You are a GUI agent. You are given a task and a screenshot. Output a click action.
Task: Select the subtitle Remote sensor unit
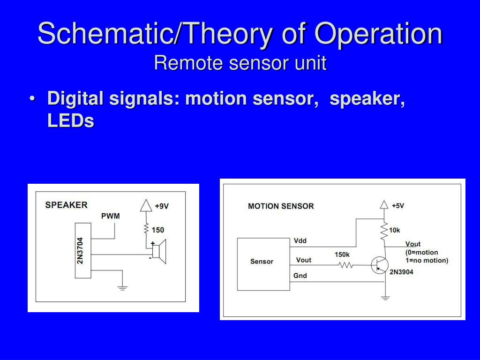tap(240, 63)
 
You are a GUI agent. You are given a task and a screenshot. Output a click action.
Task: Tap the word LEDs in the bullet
tap(71, 121)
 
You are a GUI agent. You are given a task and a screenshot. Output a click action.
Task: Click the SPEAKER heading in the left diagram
tap(66, 205)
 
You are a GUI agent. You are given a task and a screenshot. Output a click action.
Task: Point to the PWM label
tap(111, 216)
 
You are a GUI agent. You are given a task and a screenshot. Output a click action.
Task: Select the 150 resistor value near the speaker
tap(158, 230)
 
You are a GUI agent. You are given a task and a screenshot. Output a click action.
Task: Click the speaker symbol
tap(160, 251)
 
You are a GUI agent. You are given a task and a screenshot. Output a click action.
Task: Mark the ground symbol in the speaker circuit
tap(122, 287)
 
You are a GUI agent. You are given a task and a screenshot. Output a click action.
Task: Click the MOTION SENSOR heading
tap(281, 206)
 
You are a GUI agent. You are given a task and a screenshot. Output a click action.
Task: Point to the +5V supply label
tap(397, 205)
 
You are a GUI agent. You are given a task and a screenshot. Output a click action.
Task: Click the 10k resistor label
tap(394, 230)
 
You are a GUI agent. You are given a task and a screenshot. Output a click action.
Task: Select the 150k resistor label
tap(342, 255)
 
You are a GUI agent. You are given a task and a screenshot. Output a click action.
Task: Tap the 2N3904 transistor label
tap(401, 271)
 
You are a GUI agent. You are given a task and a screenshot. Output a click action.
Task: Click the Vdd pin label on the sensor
tap(300, 241)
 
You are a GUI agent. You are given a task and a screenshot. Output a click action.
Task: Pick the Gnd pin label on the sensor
tap(300, 276)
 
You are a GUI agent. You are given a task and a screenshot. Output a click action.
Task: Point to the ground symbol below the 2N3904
tap(385, 297)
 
